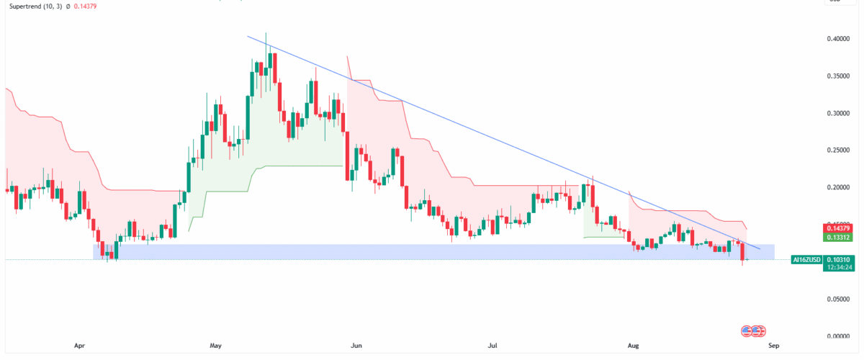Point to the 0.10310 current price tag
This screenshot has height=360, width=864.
[834, 259]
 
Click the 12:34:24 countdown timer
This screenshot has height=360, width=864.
[834, 267]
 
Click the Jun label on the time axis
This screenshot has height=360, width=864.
[356, 346]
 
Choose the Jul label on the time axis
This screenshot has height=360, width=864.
[492, 346]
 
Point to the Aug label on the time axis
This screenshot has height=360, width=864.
[634, 346]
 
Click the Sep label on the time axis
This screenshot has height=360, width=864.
[773, 346]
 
